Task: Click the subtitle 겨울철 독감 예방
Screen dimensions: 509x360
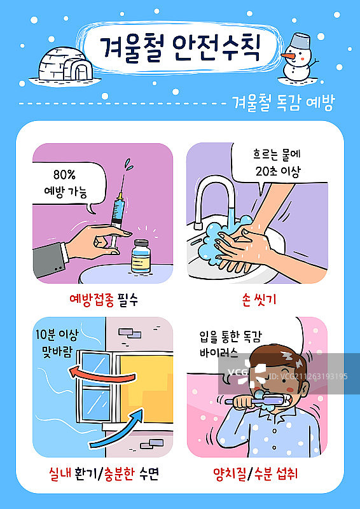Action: (283, 102)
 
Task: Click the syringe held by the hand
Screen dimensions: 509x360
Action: (118, 207)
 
